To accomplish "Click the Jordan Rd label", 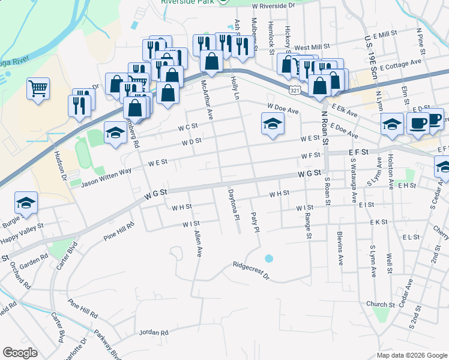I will [154, 332].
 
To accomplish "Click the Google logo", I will [20, 353].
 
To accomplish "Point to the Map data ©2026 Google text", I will [412, 355].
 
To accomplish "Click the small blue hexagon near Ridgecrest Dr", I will [268, 259].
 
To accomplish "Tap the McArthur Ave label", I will [207, 100].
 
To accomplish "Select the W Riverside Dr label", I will [274, 5].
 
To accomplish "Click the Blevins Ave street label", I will [339, 248].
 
